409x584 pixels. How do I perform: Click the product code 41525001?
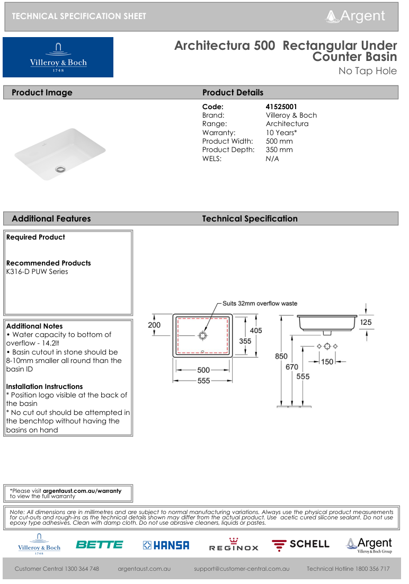point(281,107)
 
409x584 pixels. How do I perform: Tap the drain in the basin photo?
point(60,169)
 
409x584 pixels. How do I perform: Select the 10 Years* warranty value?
point(281,132)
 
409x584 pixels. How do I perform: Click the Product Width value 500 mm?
point(279,141)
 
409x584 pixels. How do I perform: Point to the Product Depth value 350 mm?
point(279,149)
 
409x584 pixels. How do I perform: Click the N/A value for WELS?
point(272,158)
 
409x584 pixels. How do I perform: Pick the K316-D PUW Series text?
point(37,271)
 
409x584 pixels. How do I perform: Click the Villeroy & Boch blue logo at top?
point(58,57)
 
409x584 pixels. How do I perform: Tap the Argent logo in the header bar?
point(356,16)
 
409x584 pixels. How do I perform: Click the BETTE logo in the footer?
point(99,544)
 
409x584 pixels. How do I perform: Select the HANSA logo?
point(166,545)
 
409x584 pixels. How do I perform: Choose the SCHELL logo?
point(300,544)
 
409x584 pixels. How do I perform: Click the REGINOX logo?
point(234,545)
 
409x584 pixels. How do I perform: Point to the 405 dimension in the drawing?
point(256,330)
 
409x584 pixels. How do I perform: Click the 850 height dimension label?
point(281,357)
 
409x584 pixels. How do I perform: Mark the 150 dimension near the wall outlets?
point(327,362)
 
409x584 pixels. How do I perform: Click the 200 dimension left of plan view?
point(154,324)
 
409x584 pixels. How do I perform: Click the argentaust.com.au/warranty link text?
point(82,491)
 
